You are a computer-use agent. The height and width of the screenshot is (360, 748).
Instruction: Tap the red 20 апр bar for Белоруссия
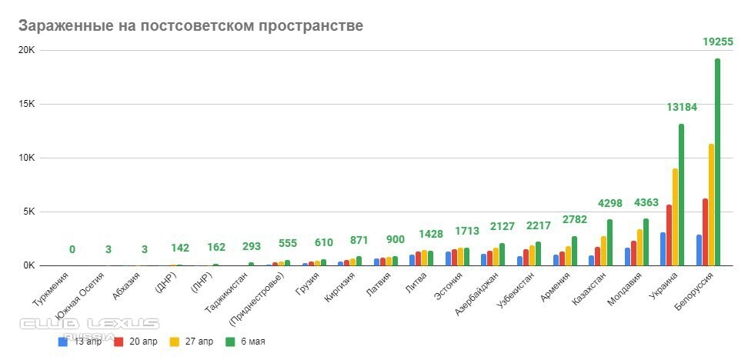coord(705,232)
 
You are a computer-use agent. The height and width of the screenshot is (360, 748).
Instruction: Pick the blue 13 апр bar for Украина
coord(663,248)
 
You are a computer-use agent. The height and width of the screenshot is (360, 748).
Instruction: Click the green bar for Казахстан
coord(609,242)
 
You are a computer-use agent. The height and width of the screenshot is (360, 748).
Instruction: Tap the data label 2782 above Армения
coord(574,221)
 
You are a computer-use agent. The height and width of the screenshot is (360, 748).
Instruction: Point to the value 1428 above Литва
coord(431,234)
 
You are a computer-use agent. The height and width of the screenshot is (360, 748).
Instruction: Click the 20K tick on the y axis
coord(27,51)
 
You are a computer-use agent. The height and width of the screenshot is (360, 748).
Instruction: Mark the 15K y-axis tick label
coord(27,104)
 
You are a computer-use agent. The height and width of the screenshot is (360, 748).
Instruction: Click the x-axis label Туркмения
coord(52,293)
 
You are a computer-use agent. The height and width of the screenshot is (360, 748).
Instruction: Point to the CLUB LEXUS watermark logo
coord(90,323)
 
